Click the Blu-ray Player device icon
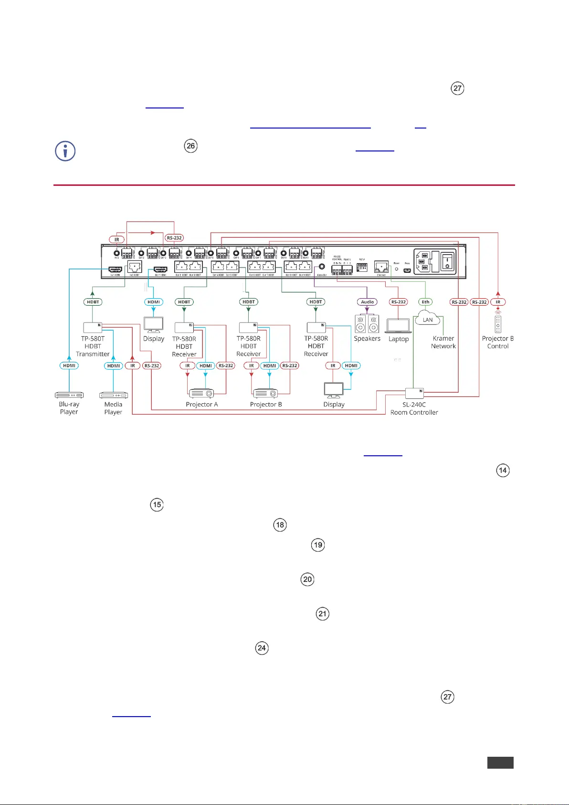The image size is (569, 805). pyautogui.click(x=69, y=395)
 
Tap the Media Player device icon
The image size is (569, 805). pyautogui.click(x=113, y=395)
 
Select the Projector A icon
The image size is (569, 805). pyautogui.click(x=201, y=394)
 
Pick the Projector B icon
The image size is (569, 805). pyautogui.click(x=265, y=394)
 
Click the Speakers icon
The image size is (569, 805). pyautogui.click(x=367, y=323)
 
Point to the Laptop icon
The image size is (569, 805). pyautogui.click(x=399, y=326)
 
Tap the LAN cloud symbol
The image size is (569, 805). pyautogui.click(x=427, y=318)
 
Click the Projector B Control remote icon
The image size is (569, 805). pyautogui.click(x=498, y=323)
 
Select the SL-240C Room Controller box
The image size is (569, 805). pyautogui.click(x=414, y=393)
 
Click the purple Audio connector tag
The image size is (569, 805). pyautogui.click(x=367, y=302)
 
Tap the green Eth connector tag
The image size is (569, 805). pyautogui.click(x=425, y=302)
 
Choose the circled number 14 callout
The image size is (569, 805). pyautogui.click(x=503, y=471)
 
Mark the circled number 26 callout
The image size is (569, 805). pyautogui.click(x=191, y=146)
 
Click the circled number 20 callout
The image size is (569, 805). pyautogui.click(x=307, y=580)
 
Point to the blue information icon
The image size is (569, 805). pyautogui.click(x=66, y=151)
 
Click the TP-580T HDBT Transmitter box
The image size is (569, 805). pyautogui.click(x=93, y=327)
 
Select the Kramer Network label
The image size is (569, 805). pyautogui.click(x=443, y=342)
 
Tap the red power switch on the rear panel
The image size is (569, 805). pyautogui.click(x=447, y=261)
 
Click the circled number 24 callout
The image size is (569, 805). pyautogui.click(x=262, y=648)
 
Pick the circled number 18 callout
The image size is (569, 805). pyautogui.click(x=280, y=525)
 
